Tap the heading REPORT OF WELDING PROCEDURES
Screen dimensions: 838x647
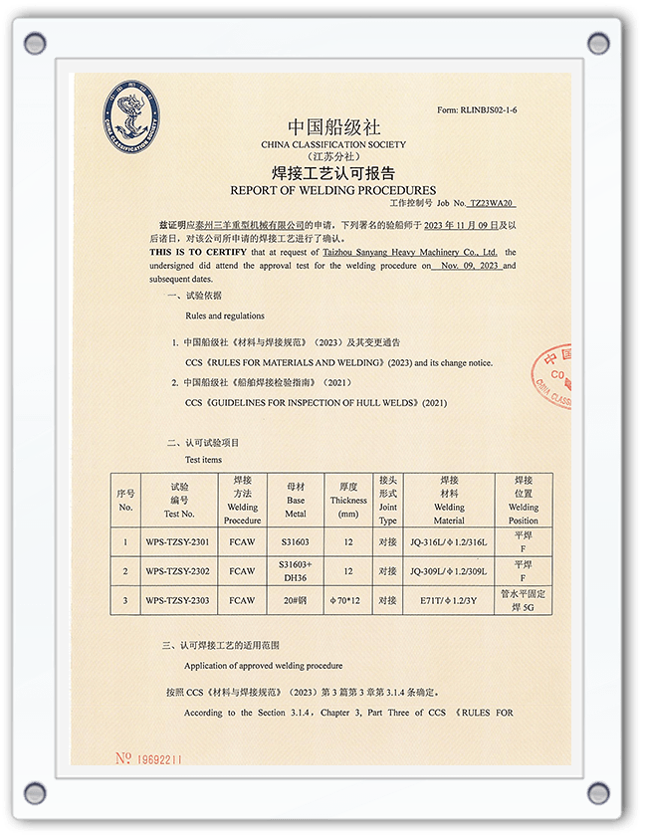click(x=332, y=190)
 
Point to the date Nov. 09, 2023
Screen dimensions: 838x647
click(x=467, y=266)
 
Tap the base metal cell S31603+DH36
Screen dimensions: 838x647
click(x=296, y=572)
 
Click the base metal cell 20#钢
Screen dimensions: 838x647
click(x=296, y=600)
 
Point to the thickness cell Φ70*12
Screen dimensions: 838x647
click(x=347, y=600)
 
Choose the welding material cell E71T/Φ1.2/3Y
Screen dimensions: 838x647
click(x=449, y=600)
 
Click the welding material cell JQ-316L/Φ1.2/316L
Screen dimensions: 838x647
click(x=449, y=542)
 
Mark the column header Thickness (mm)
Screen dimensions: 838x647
click(x=347, y=501)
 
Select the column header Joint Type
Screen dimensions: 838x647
click(x=388, y=501)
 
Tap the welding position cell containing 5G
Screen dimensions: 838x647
click(x=524, y=600)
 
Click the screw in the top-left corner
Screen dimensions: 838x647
click(x=36, y=43)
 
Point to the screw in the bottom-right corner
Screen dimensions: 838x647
click(x=598, y=793)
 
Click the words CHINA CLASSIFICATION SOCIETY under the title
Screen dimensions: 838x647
click(x=333, y=144)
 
